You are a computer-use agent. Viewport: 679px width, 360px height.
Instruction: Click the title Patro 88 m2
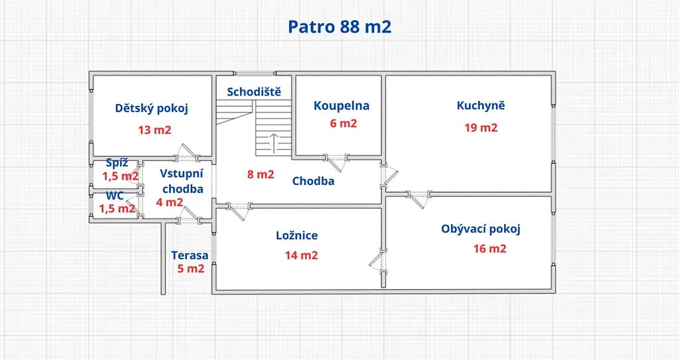[x=339, y=27]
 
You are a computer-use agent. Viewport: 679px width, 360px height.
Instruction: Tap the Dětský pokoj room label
[x=152, y=108]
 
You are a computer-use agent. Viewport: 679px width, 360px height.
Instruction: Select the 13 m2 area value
[x=154, y=130]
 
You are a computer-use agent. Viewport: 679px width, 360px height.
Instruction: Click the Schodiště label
[x=254, y=92]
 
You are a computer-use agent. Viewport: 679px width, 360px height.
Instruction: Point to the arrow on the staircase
[x=274, y=143]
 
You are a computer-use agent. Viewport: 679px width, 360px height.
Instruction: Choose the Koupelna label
[x=341, y=105]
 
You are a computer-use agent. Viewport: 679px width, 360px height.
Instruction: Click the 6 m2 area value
[x=343, y=123]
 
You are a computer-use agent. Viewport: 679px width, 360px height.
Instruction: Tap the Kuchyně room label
[x=481, y=105]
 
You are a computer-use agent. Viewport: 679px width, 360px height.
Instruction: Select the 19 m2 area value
[x=481, y=128]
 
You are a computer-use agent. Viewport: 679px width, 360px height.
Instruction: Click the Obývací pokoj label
[x=481, y=229]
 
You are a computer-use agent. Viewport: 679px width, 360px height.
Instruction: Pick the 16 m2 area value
[x=490, y=249]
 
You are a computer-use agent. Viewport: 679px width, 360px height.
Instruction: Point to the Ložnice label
[x=297, y=235]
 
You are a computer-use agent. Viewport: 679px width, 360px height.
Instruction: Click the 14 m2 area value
[x=302, y=256]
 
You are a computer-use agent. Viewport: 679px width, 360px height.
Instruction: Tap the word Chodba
[x=313, y=181]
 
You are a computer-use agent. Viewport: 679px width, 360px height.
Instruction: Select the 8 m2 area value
[x=261, y=174]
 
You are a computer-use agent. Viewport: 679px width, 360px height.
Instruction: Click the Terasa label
[x=190, y=256]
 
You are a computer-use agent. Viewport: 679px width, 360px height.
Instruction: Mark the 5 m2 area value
[x=190, y=269]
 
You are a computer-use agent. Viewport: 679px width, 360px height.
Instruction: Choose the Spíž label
[x=117, y=163]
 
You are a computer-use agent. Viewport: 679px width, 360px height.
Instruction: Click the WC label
[x=115, y=196]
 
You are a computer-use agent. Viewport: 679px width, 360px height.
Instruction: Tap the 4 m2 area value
[x=170, y=202]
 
